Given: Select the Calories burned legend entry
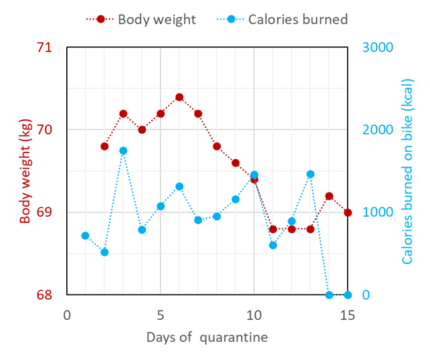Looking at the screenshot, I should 298,19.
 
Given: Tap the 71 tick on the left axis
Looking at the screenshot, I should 44,48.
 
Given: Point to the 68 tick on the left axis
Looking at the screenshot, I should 44,294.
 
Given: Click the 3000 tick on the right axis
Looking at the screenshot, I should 377,48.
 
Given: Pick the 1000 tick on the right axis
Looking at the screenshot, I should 377,212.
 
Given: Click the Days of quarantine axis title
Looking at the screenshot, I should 207,337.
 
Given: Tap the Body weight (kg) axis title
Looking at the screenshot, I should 25,171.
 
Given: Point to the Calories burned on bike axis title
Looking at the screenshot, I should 408,171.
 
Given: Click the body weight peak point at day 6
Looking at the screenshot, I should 179,97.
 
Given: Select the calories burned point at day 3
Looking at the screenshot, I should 123,151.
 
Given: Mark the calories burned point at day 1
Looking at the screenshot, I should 86,236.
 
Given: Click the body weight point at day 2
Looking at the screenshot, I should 104,146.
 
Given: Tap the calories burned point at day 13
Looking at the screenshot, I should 310,174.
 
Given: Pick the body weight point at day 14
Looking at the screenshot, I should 329,196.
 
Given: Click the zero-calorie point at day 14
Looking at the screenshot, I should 329,294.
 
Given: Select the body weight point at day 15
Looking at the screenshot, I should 348,212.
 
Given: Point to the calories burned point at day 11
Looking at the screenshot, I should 273,245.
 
